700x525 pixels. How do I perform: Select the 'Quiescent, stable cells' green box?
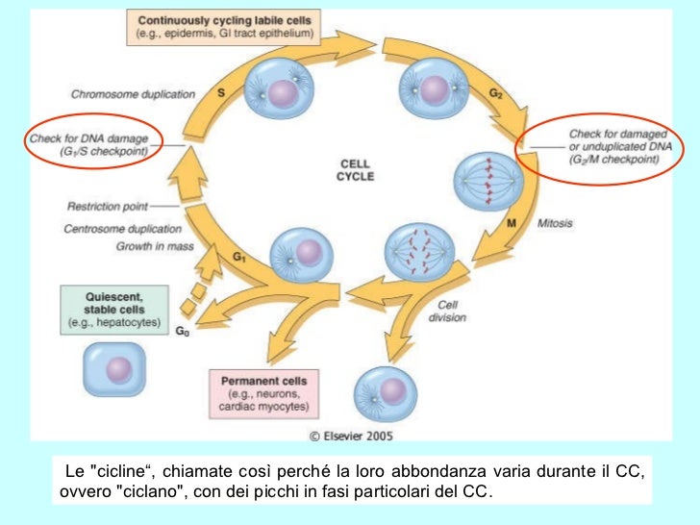pyautogui.click(x=113, y=309)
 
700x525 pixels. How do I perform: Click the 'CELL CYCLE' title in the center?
pyautogui.click(x=356, y=170)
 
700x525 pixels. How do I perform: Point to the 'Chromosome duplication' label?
pyautogui.click(x=133, y=94)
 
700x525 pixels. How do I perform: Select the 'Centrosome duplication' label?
pyautogui.click(x=123, y=229)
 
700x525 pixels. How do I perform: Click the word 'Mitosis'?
pyautogui.click(x=556, y=223)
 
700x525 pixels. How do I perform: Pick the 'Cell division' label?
pyautogui.click(x=448, y=312)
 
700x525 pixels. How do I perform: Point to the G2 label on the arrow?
pyautogui.click(x=495, y=92)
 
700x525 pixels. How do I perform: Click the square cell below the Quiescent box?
pyautogui.click(x=113, y=369)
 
